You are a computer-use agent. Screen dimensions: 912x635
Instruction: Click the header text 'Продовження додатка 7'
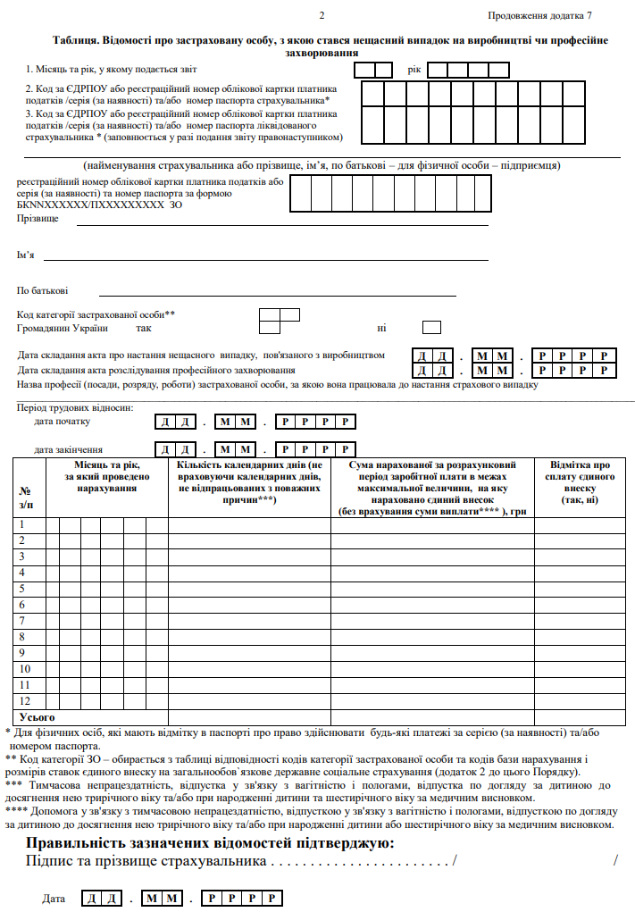tap(539, 16)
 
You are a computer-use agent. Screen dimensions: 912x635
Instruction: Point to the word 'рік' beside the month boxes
tap(414, 69)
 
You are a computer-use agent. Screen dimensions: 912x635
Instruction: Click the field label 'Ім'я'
tap(26, 255)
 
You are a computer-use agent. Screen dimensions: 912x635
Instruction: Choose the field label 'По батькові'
tap(43, 290)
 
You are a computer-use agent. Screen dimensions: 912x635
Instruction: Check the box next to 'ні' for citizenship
tap(432, 328)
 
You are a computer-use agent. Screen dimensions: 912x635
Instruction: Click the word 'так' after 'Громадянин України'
tap(144, 329)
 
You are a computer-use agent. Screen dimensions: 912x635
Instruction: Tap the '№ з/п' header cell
tap(25, 497)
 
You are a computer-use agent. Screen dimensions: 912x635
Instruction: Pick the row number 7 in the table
tap(22, 620)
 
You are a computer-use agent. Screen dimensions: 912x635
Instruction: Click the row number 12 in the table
tap(25, 700)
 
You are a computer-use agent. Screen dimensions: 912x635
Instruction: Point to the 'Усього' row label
tap(38, 716)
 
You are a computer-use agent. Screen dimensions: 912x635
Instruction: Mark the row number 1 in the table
tap(22, 524)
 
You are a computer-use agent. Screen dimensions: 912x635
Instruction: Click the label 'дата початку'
tap(63, 421)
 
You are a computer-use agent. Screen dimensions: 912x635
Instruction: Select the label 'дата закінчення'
tap(68, 449)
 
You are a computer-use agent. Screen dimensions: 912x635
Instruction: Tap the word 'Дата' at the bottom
tap(54, 898)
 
